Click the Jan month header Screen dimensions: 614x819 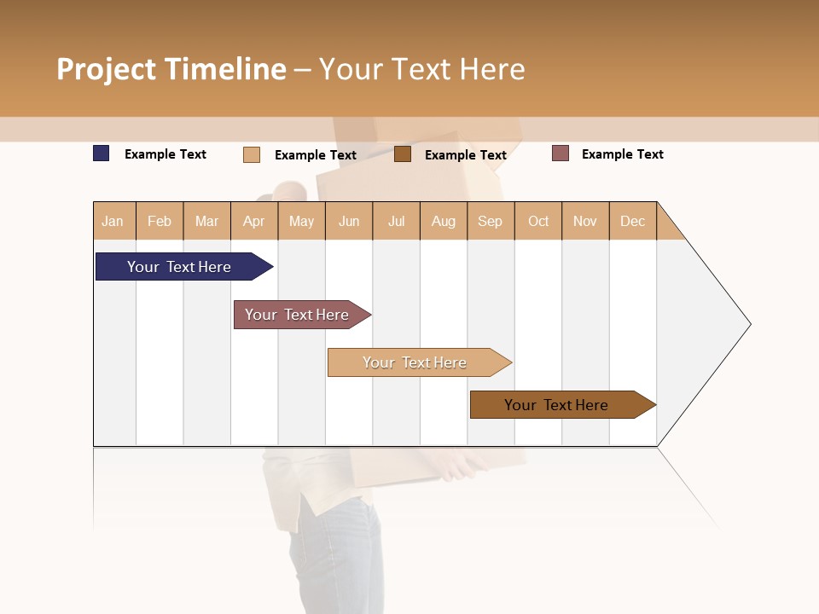tap(113, 221)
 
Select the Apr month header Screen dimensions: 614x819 tap(254, 221)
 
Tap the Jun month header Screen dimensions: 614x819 tap(349, 221)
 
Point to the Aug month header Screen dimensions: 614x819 tap(444, 221)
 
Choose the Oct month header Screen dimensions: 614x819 tap(538, 221)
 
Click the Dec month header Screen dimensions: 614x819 tap(633, 221)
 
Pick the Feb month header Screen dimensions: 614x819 tap(160, 221)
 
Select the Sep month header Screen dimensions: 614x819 tap(491, 221)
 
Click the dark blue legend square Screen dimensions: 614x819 tap(102, 153)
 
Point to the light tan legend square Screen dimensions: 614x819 tap(252, 154)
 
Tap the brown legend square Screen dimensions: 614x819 tap(403, 154)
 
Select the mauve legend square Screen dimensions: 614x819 tap(561, 153)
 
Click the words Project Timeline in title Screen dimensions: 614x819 tap(171, 69)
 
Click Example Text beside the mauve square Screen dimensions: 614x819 tap(622, 154)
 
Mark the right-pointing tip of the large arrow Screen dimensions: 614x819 tap(748, 324)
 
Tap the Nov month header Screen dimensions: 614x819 tap(585, 221)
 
